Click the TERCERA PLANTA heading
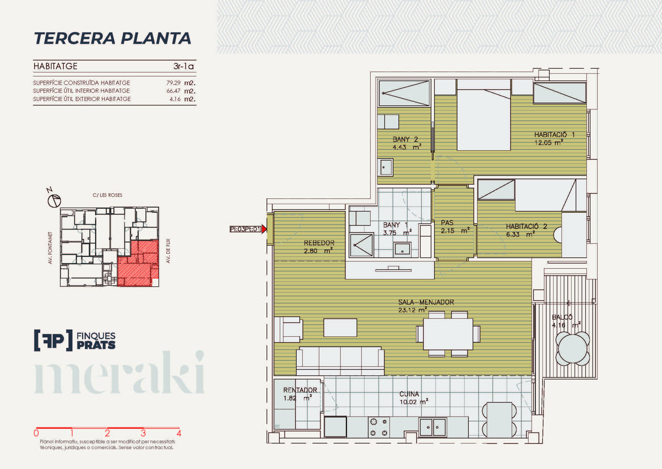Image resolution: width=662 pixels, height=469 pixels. point(112,38)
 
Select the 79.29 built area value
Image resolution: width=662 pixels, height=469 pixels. point(173,83)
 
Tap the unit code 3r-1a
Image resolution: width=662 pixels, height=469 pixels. point(183,66)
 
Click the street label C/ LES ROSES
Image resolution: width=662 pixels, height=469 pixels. point(108,195)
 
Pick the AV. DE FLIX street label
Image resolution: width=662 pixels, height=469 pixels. point(168,251)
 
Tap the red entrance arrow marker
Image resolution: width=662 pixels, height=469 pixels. point(264,229)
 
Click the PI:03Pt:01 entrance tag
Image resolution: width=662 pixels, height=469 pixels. point(245,229)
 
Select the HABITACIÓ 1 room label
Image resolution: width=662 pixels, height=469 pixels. point(554,135)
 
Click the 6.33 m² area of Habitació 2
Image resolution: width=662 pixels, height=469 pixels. point(520,235)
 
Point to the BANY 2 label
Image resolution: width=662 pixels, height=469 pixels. point(405,139)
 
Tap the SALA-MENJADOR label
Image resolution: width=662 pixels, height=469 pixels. point(426,302)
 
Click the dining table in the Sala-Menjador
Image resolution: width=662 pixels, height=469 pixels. point(448,334)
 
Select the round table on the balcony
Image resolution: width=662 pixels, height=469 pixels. point(573,349)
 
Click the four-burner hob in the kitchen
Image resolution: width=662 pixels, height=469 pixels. point(379,427)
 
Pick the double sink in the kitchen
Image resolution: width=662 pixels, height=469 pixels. point(432,427)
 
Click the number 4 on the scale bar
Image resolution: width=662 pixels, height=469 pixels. point(179,433)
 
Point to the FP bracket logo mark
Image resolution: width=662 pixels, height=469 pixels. point(53,340)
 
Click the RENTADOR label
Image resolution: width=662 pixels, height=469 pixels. point(300,390)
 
